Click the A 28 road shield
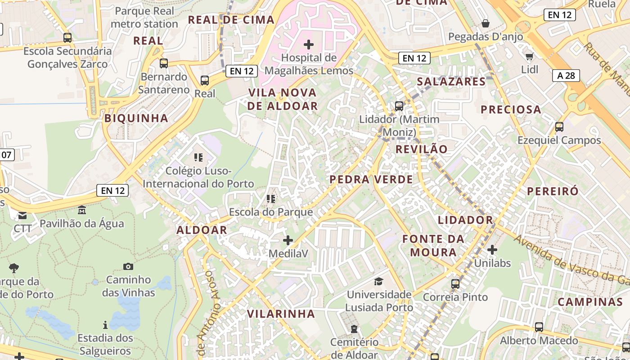click(x=566, y=76)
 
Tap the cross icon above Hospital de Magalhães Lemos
click(x=309, y=44)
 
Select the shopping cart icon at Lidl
click(x=529, y=56)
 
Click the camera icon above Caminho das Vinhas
click(x=128, y=266)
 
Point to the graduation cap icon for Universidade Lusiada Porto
click(x=379, y=281)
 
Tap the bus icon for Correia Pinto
click(x=455, y=283)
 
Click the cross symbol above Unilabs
click(x=492, y=249)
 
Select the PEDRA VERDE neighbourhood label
click(x=371, y=180)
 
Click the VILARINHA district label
click(x=281, y=314)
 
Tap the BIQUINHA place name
click(x=136, y=118)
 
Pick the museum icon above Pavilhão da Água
click(x=82, y=210)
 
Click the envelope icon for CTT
click(x=22, y=215)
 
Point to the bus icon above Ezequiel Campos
click(x=559, y=127)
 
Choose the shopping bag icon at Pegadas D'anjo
click(x=486, y=23)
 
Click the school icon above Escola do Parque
click(x=270, y=198)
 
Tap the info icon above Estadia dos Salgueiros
click(x=105, y=324)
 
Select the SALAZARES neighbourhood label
click(x=451, y=81)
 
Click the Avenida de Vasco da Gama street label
click(x=571, y=260)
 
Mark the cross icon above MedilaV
click(x=288, y=240)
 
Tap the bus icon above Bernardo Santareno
click(x=164, y=63)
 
